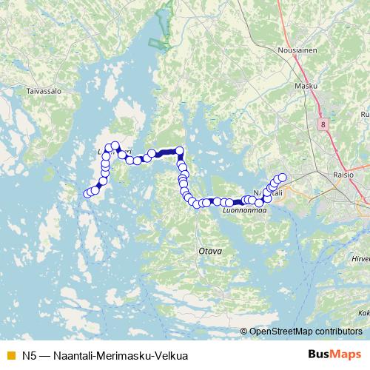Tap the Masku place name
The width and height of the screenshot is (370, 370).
point(306,86)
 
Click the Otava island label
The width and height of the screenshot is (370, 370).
point(210,252)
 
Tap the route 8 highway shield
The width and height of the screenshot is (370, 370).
point(323,125)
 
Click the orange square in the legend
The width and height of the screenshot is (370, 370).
point(10,356)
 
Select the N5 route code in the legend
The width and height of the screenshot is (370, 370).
point(30,356)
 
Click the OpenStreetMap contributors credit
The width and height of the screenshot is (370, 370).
point(305,331)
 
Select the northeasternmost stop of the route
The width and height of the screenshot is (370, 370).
point(282,177)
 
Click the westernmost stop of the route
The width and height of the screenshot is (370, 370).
point(87,194)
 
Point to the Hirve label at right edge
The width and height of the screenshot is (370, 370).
point(360,260)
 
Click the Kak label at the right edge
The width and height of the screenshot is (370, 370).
point(363,313)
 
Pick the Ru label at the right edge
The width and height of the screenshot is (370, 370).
point(364,115)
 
